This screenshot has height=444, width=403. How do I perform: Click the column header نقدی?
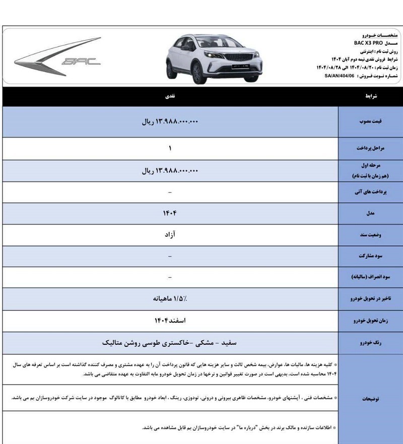coord(171,95)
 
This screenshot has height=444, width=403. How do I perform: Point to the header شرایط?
coord(370,95)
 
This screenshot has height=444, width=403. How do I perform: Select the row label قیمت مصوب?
coord(370,121)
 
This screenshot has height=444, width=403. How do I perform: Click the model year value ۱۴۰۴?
coord(170,213)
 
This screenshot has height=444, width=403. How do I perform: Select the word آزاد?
coord(170,235)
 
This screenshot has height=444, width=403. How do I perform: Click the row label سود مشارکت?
coord(370,256)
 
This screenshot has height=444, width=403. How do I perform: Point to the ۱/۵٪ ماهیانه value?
coord(170,299)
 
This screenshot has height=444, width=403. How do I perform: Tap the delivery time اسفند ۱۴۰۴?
coord(170,321)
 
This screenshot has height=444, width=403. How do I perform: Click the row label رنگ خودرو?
coord(370,343)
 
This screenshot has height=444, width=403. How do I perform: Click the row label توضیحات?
coord(370,399)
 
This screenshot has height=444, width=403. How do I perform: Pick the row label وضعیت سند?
coord(370,235)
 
